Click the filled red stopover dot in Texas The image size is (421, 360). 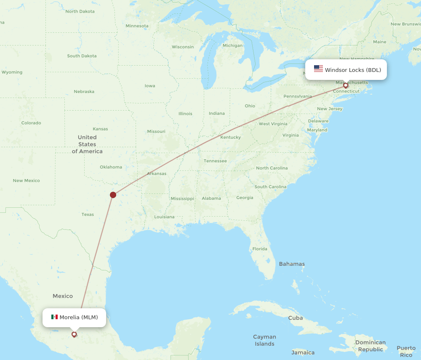click(113, 195)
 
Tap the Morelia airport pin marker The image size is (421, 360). click(74, 334)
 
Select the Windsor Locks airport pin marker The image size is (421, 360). click(346, 85)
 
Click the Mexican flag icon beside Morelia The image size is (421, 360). click(54, 317)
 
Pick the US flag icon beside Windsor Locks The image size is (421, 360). click(318, 69)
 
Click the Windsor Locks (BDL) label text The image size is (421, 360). click(353, 70)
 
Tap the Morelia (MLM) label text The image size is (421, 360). click(79, 317)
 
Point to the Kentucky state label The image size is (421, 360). click(230, 137)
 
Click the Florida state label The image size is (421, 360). click(260, 249)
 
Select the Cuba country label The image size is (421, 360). click(295, 318)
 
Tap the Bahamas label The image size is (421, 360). click(292, 264)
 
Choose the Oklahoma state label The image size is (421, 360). click(111, 167)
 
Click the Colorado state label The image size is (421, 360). click(31, 123)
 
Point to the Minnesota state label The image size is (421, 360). click(137, 26)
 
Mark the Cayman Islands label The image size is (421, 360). click(264, 340)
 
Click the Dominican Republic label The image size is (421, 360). click(370, 346)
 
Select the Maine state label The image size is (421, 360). click(379, 42)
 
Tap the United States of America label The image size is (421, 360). click(87, 144)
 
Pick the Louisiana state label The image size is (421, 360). click(164, 217)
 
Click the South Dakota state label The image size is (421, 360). click(82, 56)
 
